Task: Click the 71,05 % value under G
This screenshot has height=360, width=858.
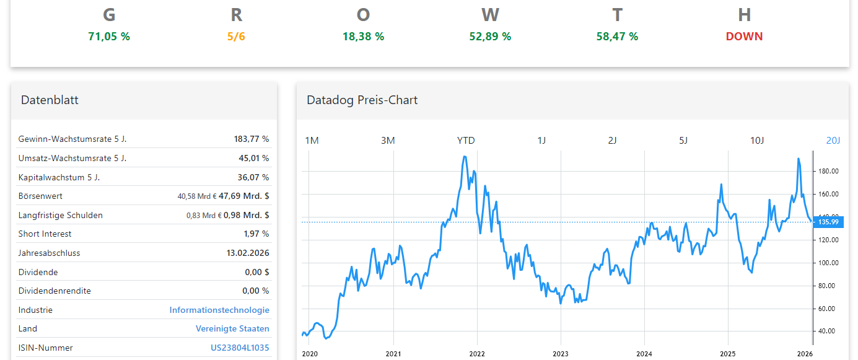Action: pos(109,37)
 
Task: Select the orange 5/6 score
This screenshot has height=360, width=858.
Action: pos(236,37)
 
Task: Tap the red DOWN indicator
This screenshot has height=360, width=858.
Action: pos(744,37)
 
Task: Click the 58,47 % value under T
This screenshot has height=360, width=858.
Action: pos(617,37)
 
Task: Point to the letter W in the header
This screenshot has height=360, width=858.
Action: pos(490,15)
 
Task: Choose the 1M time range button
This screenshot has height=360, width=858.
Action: pos(312,141)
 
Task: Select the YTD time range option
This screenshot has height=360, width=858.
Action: pos(466,141)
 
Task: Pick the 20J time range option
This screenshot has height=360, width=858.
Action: pos(833,141)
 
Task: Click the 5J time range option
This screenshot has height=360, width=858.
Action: pos(683,141)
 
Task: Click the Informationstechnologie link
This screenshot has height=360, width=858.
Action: pos(219,310)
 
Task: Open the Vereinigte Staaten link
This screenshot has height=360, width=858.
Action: pos(232,329)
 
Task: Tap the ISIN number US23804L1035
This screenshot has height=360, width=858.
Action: pos(240,348)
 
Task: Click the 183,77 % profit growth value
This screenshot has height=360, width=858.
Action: pos(251,139)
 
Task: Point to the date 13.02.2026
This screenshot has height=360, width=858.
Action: pos(248,253)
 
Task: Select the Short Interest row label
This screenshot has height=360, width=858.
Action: pos(45,234)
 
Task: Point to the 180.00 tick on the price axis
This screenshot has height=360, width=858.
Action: pos(828,172)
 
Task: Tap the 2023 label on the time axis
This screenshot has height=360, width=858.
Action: pos(561,354)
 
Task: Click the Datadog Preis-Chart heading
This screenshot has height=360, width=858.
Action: pos(362,100)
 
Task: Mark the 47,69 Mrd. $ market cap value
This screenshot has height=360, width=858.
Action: pos(243,196)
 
